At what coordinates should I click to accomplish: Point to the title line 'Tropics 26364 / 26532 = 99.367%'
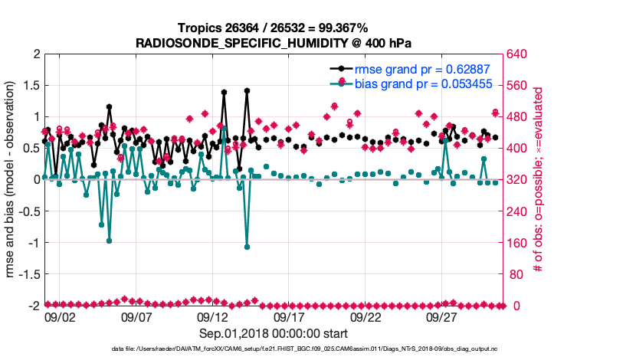click(274, 28)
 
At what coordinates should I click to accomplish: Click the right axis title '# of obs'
click(538, 180)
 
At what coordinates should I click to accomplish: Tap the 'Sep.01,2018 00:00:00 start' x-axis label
click(274, 333)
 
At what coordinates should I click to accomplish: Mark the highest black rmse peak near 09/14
click(248, 90)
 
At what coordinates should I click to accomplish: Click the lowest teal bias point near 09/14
click(248, 247)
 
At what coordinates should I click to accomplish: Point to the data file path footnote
click(274, 349)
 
